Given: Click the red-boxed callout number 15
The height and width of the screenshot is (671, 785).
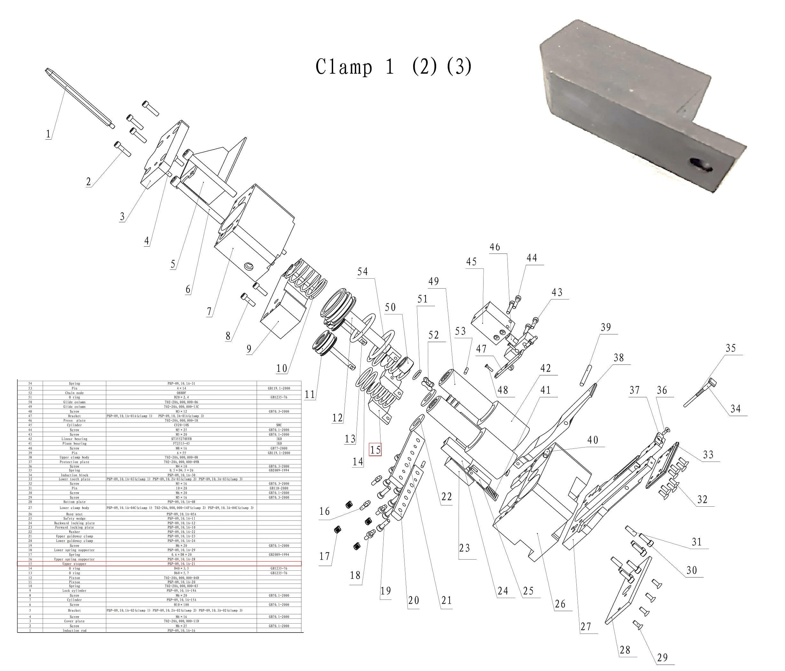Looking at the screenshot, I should [375, 450].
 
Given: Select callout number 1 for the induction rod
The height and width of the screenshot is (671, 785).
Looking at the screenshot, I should [48, 134].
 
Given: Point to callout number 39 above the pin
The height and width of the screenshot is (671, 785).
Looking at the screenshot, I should [606, 327].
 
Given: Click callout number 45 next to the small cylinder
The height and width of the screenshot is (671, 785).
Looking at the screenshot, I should [471, 262].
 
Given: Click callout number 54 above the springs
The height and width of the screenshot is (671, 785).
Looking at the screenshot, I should [363, 271].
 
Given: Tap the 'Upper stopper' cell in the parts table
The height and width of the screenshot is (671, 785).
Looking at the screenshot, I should [74, 564].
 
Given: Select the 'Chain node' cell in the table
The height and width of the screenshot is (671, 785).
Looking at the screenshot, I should [74, 393].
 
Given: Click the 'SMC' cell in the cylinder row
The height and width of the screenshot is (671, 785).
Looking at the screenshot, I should [279, 425].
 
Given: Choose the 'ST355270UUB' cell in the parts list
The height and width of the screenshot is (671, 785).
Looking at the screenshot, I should [181, 438].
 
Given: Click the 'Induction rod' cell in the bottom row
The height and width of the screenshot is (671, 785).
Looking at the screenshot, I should [74, 630].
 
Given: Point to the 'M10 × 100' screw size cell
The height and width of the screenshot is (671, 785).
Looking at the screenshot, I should [181, 605].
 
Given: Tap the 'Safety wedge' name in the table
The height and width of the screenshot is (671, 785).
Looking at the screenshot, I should [74, 518].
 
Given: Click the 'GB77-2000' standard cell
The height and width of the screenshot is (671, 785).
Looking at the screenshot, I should [279, 448].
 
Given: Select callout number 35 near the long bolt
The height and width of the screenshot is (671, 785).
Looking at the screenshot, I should [731, 348].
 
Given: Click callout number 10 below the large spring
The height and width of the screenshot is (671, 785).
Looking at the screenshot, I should [282, 368].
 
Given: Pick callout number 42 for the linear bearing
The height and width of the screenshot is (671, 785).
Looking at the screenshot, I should [546, 368].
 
